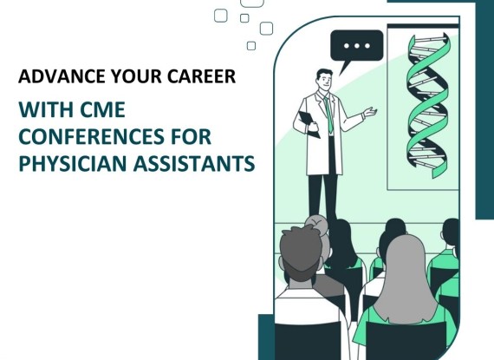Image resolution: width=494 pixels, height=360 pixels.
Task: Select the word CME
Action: click(102, 109)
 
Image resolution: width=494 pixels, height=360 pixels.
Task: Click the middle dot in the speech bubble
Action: click(357, 46)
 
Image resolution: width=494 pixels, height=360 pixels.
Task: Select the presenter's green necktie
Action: click(328, 114)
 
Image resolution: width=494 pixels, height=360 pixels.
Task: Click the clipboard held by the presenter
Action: click(309, 123)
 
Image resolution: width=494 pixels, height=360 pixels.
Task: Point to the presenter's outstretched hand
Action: click(369, 112)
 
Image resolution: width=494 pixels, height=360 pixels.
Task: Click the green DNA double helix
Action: click(428, 106)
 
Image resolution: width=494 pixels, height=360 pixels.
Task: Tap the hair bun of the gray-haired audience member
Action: click(315, 222)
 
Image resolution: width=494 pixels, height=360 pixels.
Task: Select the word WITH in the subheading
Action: click(46, 109)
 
